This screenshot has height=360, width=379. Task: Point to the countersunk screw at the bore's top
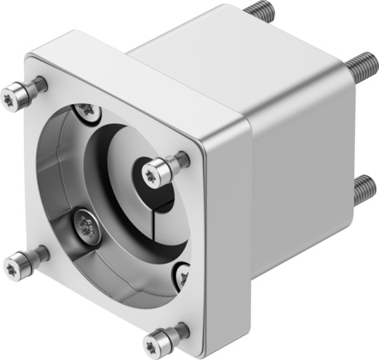(x=86, y=111)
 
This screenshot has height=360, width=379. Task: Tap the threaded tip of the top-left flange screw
(x=40, y=83)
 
